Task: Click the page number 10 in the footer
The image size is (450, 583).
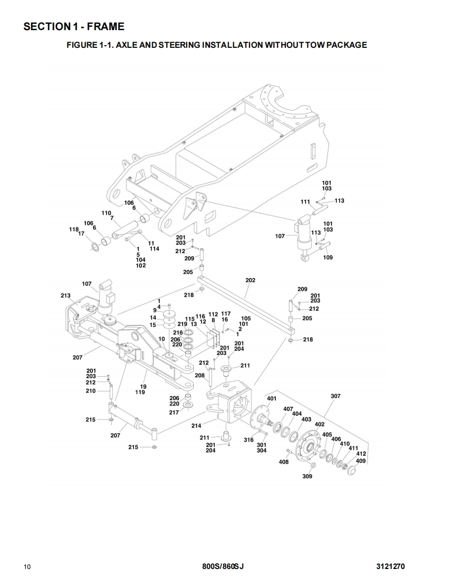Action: click(x=27, y=566)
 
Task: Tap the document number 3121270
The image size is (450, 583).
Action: click(x=390, y=566)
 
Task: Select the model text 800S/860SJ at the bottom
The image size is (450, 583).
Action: click(x=222, y=566)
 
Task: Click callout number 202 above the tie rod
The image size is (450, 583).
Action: click(x=250, y=280)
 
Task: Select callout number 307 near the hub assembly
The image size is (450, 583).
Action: click(x=336, y=396)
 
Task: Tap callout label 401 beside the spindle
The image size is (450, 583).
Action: click(x=271, y=399)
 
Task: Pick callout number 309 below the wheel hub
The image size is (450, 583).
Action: click(x=307, y=476)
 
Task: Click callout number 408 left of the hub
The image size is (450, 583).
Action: click(x=284, y=462)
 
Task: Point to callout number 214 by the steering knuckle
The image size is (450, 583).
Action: click(x=196, y=426)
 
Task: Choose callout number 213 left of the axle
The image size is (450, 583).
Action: click(x=65, y=296)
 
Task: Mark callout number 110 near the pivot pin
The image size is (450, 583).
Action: click(x=107, y=213)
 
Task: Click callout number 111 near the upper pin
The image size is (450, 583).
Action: click(x=306, y=202)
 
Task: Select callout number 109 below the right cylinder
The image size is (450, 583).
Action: click(x=328, y=258)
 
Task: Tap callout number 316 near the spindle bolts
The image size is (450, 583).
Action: click(x=249, y=440)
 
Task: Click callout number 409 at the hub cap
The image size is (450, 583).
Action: click(x=361, y=460)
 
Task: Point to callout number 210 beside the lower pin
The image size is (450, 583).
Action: click(x=91, y=391)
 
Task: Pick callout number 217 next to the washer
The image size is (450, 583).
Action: click(x=174, y=413)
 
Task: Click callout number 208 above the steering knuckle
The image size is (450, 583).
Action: click(x=200, y=375)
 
